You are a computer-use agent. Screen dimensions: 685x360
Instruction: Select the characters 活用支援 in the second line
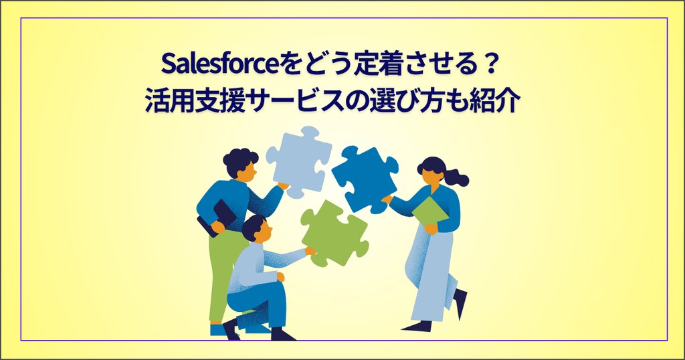(x=196, y=102)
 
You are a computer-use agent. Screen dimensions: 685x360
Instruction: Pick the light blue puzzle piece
(x=299, y=162)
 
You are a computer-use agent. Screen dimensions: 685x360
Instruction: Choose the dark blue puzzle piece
(x=365, y=179)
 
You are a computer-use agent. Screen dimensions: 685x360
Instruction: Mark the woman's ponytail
(x=455, y=177)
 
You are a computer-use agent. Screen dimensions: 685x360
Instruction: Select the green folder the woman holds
(x=430, y=211)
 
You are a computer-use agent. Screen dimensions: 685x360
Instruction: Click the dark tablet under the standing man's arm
(x=216, y=218)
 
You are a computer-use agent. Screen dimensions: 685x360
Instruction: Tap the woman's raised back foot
(x=460, y=302)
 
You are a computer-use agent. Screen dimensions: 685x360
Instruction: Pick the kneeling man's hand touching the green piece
(x=310, y=251)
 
